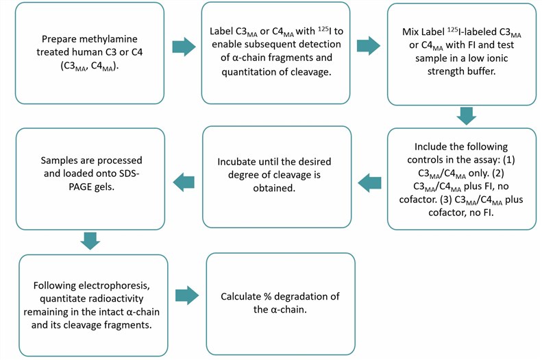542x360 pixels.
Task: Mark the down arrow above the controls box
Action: pyautogui.click(x=466, y=115)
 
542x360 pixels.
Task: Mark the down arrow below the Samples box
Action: pyautogui.click(x=90, y=241)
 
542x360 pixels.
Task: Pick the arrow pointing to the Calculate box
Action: pyautogui.click(x=186, y=296)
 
